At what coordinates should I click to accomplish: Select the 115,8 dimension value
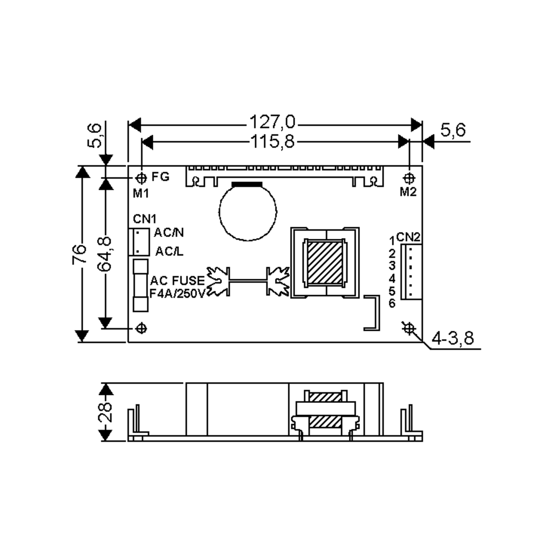272,141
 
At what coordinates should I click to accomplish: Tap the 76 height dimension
79,254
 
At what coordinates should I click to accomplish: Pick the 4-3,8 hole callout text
453,338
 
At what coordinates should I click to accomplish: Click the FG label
160,177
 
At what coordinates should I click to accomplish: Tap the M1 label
141,194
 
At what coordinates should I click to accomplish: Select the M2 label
408,192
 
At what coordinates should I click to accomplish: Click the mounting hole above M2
409,178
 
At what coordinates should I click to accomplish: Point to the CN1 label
145,219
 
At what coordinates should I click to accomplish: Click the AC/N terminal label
169,233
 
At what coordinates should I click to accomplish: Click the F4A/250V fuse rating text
177,294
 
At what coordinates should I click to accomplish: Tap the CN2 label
408,237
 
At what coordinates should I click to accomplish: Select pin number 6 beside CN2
392,303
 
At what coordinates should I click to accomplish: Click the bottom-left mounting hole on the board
141,329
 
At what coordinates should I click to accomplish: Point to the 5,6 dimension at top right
453,130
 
